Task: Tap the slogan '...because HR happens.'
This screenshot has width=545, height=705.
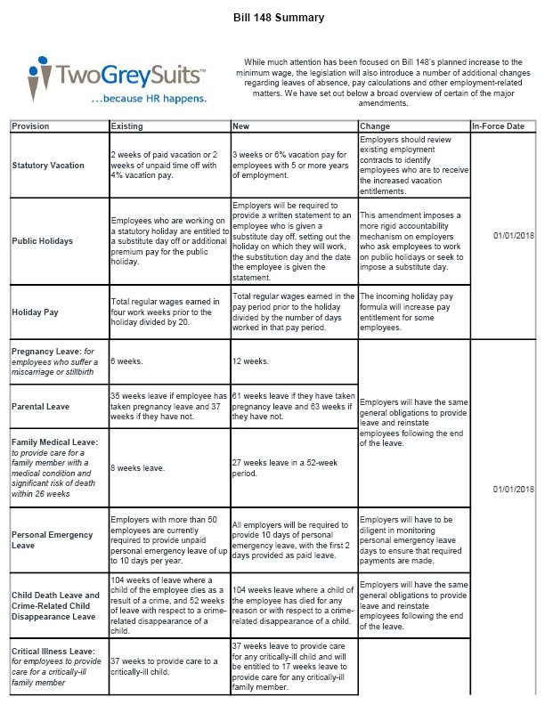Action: click(150, 99)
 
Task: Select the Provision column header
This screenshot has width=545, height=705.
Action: click(31, 126)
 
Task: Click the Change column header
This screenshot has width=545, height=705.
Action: click(375, 126)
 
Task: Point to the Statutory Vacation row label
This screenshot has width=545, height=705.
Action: click(48, 166)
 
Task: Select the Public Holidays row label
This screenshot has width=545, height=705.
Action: click(42, 240)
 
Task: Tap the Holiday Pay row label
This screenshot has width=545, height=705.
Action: click(36, 312)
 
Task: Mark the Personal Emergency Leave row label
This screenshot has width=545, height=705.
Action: click(52, 540)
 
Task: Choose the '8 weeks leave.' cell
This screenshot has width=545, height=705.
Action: click(137, 466)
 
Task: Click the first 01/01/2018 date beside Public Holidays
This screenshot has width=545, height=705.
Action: click(513, 235)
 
